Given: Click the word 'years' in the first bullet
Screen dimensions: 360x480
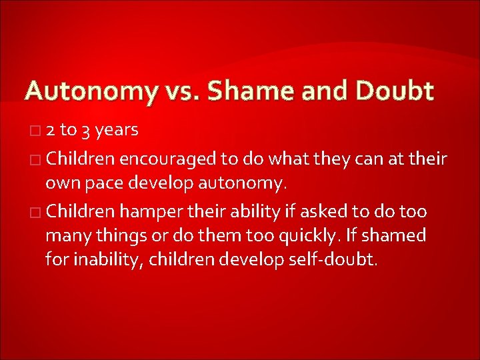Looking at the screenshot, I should tap(117, 130).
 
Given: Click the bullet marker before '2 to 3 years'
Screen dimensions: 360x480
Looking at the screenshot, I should tap(35, 131).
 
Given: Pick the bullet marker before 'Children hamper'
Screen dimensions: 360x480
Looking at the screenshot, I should tap(35, 213).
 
